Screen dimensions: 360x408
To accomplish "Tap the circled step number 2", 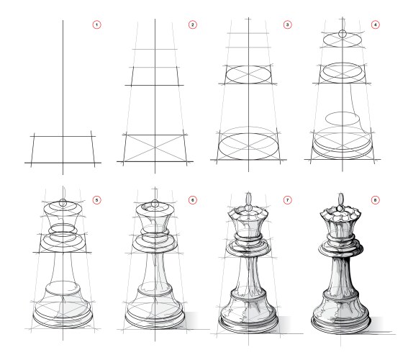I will point(192,25).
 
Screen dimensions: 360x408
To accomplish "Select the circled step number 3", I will point(288,25).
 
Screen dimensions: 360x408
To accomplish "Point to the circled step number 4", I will point(384,25).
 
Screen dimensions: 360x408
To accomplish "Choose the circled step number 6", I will point(192,199).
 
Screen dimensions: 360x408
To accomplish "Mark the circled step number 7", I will point(288,199).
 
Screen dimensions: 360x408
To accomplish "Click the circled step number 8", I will point(384,199).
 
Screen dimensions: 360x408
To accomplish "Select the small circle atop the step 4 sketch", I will point(343,33).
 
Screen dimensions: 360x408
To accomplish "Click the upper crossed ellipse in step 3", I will point(249,73).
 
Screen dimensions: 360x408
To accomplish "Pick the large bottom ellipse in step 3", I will point(249,143).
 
